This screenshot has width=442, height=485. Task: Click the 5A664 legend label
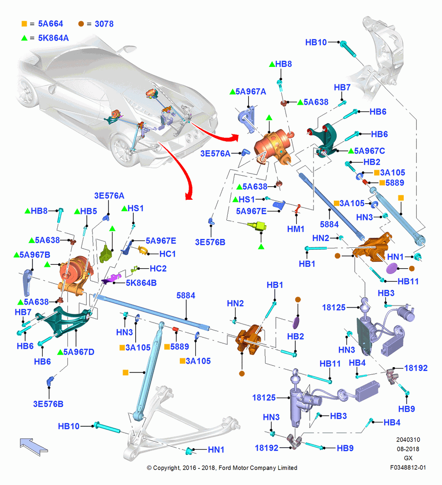50,24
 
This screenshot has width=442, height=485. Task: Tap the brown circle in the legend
81,24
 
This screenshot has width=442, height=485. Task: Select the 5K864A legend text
53,38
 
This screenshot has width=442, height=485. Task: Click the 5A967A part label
251,92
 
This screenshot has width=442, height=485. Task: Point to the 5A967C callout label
369,151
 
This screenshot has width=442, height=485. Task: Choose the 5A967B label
34,255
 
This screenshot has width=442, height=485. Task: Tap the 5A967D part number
79,352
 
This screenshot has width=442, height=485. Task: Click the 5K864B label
141,283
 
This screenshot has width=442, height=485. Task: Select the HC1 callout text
168,254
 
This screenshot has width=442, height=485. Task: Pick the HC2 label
158,269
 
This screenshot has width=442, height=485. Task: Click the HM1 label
296,229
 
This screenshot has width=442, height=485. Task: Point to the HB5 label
89,211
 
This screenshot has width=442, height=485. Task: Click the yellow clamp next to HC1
143,251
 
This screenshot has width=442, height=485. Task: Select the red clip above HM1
298,209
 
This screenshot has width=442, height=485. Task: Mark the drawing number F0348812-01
408,468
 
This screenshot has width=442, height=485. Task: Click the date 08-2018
408,449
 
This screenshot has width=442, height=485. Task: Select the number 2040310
408,439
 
